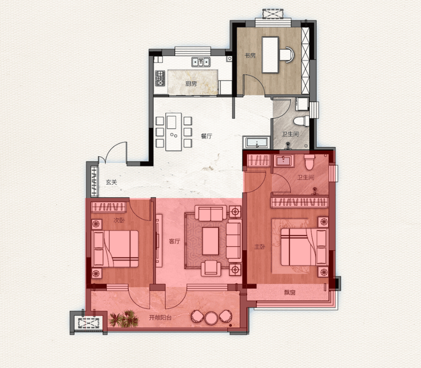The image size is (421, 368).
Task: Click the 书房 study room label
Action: [250, 56]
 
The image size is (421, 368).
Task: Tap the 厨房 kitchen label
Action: [191, 83]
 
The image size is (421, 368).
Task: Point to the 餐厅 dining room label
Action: [207, 136]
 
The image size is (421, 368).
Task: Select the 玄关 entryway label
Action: [111, 182]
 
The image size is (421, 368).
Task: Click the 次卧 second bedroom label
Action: [119, 221]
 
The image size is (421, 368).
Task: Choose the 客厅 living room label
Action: [175, 242]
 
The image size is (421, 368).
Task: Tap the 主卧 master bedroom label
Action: [260, 247]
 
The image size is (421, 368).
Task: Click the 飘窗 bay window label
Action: [290, 292]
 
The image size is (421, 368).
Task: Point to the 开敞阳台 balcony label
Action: [160, 318]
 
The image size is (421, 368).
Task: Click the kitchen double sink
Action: [201, 62]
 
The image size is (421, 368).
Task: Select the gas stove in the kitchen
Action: [160, 78]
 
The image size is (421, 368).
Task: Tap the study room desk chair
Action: [287, 55]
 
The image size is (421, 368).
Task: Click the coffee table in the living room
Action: [210, 241]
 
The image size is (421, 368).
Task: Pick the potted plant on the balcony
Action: [124, 319]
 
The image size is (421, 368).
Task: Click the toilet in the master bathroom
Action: [309, 162]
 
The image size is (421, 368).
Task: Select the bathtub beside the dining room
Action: [257, 142]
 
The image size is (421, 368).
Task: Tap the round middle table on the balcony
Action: [211, 318]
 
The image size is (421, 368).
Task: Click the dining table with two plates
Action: [174, 132]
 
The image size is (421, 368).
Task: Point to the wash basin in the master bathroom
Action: [284, 161]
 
